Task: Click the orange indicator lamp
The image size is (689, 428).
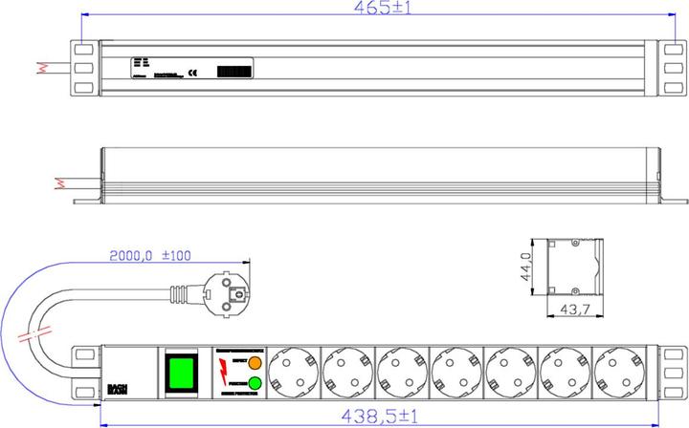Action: tap(254, 363)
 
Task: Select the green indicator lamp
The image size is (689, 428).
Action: tap(254, 384)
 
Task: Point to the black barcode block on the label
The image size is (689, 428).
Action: tap(235, 71)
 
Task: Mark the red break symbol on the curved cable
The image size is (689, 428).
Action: tap(36, 336)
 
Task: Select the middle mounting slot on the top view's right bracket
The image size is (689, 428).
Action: tap(673, 68)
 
